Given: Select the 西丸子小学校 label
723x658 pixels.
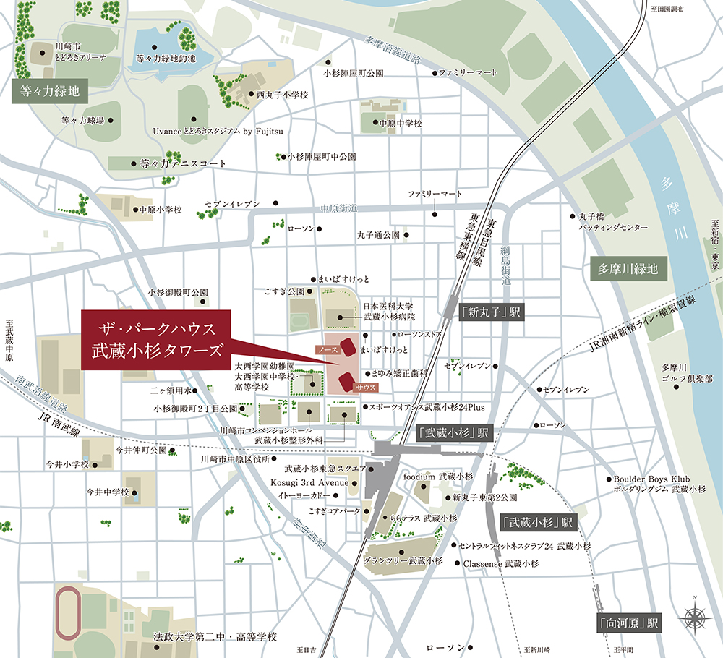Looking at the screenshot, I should (282, 95).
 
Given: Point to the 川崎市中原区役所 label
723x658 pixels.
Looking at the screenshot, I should (235, 458).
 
